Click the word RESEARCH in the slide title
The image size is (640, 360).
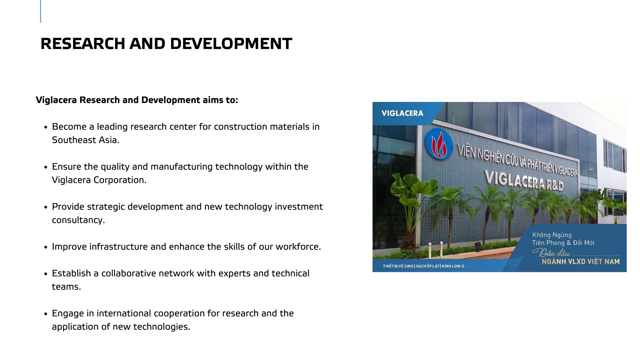click(83, 44)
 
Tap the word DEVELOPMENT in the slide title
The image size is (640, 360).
click(231, 44)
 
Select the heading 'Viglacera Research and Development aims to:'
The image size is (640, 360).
click(137, 100)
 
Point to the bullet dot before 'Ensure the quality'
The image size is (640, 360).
click(46, 167)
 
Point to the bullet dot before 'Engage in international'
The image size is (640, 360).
click(46, 314)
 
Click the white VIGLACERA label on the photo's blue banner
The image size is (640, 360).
click(402, 113)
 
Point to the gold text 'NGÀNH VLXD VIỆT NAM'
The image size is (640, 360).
click(581, 262)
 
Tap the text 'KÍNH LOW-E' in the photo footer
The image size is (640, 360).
click(453, 266)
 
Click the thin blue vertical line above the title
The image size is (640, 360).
click(41, 11)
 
